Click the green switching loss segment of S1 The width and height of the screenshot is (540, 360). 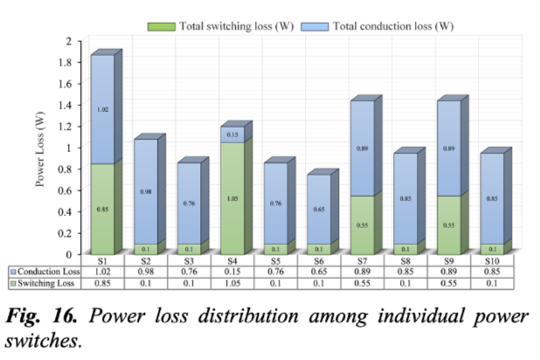coord(101,209)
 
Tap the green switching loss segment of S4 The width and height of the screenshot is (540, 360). coord(232,198)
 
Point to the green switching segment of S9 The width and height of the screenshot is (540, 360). coord(447,225)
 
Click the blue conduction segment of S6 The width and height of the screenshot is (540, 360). coord(318,210)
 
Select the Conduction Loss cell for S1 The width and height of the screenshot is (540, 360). coord(101,271)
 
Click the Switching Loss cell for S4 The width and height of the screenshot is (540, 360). coord(232,283)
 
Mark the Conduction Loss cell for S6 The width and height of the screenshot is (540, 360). coord(318,271)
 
